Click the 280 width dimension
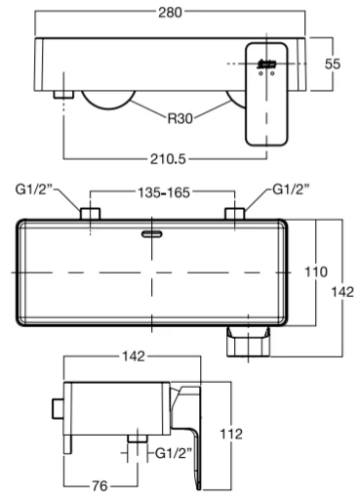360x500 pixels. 170,13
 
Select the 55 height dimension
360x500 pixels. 333,63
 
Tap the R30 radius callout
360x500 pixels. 180,118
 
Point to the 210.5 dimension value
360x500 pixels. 168,159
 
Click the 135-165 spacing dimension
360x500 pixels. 164,192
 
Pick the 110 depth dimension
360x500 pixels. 316,271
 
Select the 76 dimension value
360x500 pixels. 100,486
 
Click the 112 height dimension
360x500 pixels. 231,434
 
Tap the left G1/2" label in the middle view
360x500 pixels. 34,189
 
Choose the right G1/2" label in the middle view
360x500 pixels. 291,189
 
